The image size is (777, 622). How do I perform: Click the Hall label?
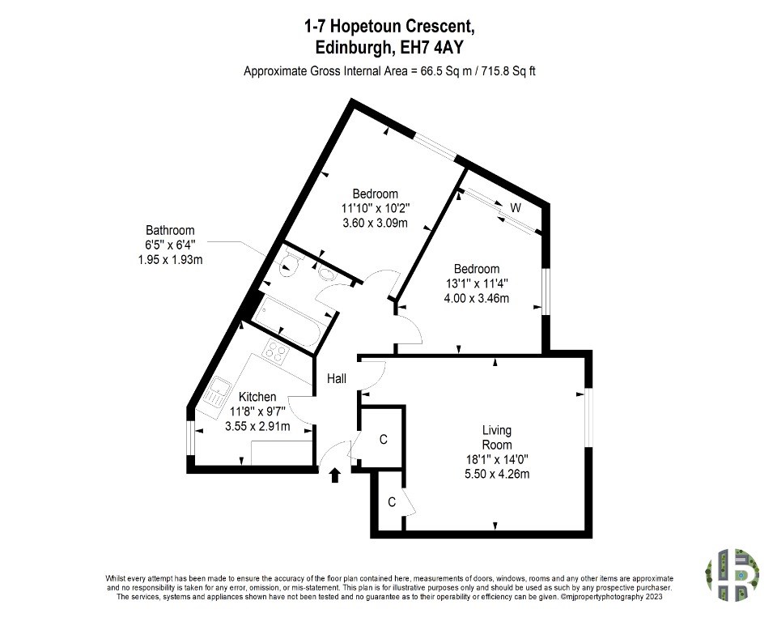coord(337,379)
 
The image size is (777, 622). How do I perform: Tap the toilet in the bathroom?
coord(288,264)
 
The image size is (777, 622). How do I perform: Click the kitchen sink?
coord(216,391)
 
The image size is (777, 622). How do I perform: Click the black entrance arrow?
coord(335,475)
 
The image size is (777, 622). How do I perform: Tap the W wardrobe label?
coord(516,208)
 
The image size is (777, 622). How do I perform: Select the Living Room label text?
coord(497,437)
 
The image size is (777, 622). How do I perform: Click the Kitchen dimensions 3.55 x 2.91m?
coord(257,426)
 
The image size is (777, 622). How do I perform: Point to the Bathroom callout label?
coord(170,245)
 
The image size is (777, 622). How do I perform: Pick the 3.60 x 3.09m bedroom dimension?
coord(375,223)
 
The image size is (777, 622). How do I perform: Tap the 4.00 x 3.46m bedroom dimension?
coord(476,298)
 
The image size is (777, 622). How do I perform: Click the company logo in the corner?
coord(732,575)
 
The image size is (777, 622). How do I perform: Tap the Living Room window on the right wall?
coord(588,417)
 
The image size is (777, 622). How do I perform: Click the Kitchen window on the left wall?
coord(190,438)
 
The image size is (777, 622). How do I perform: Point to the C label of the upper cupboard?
coord(383,440)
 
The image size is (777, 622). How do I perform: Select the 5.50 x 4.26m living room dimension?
coord(497,474)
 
